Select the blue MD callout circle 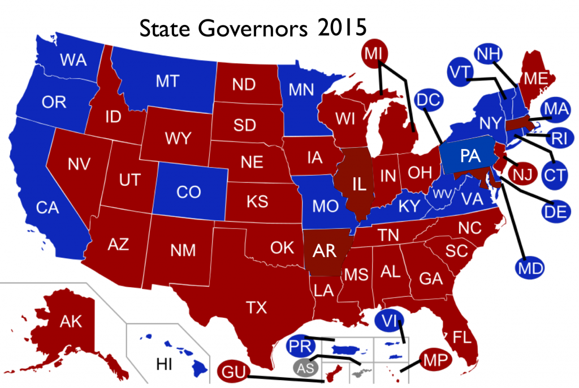click(x=530, y=265)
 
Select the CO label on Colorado click(x=188, y=192)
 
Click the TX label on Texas click(x=256, y=307)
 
